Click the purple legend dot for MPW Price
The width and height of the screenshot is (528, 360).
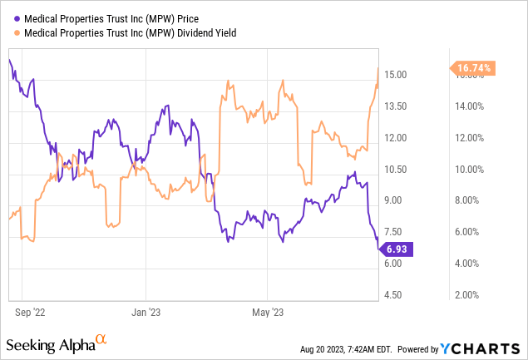tap(17, 16)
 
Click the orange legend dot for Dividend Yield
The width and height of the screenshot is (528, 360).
tap(17, 33)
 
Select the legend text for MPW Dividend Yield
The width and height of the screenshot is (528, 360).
tap(130, 33)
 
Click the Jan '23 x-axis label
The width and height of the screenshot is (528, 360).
tap(146, 313)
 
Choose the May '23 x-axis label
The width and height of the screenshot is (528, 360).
tap(268, 313)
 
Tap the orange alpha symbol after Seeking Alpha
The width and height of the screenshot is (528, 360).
tap(101, 339)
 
